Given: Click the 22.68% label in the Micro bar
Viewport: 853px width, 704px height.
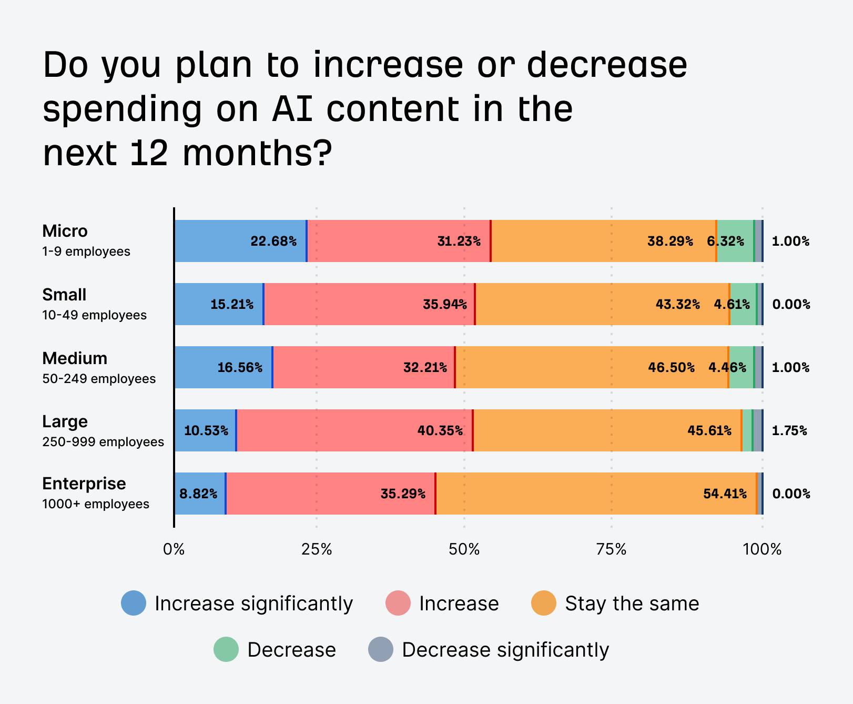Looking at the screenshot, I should coord(273,242).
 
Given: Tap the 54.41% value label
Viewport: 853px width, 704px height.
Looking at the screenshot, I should coord(725,494).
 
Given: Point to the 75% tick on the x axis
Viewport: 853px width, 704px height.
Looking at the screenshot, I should coord(612,549).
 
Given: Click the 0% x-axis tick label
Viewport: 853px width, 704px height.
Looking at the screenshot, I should coord(174,549).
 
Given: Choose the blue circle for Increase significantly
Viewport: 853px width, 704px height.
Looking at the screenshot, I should coord(134,603).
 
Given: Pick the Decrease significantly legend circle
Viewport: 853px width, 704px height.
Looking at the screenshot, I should coord(381,649).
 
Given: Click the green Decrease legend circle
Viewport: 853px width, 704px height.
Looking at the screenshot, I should coord(226,649).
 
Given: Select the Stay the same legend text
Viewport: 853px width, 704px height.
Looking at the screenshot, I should coord(632,604).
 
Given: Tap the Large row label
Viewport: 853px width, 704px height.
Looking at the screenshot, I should coord(65,421).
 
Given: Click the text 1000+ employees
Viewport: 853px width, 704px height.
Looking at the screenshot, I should coord(96,504).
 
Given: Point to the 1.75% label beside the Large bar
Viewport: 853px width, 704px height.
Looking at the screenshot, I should coord(789,430).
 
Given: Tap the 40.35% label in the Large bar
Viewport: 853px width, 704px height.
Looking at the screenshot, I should coord(440,430).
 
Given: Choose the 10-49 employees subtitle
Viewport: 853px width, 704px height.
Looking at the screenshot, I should coord(94,315).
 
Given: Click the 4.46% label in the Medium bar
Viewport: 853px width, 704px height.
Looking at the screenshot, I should coord(727,367).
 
